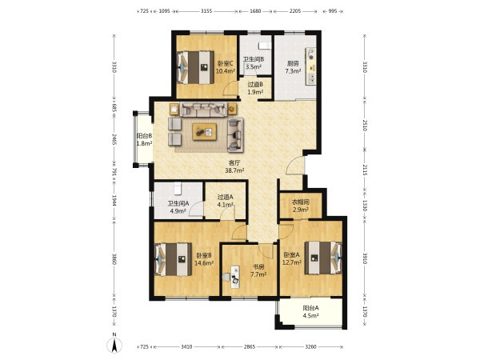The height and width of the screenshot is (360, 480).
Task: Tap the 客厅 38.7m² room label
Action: pyautogui.click(x=234, y=166)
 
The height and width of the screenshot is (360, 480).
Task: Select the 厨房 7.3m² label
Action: pyautogui.click(x=293, y=67)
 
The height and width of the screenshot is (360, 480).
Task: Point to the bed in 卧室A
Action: pyautogui.click(x=323, y=258)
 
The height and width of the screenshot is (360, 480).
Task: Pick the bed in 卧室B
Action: pyautogui.click(x=174, y=259)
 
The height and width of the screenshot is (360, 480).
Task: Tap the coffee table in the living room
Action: pyautogui.click(x=205, y=132)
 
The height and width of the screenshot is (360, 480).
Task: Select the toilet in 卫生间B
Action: pyautogui.click(x=265, y=46)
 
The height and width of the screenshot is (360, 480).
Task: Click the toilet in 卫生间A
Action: pyautogui.click(x=178, y=188)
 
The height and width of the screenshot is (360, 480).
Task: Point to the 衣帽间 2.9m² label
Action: pyautogui.click(x=300, y=206)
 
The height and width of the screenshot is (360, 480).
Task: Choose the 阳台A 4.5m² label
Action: pyautogui.click(x=310, y=312)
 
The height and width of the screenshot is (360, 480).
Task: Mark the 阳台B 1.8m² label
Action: pyautogui.click(x=144, y=139)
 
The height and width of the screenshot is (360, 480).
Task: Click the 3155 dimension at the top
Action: pyautogui.click(x=206, y=11)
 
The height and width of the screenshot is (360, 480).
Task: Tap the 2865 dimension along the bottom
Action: pyautogui.click(x=249, y=347)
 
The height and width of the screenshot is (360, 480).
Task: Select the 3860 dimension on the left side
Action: pyautogui.click(x=114, y=259)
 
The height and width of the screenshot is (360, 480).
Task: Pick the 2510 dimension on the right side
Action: pyautogui.click(x=365, y=126)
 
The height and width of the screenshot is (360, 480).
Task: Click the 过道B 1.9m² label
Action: pyautogui.click(x=255, y=88)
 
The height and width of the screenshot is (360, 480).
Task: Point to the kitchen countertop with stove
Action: pyautogui.click(x=311, y=66)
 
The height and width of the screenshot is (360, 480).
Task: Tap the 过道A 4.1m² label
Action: pyautogui.click(x=226, y=201)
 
